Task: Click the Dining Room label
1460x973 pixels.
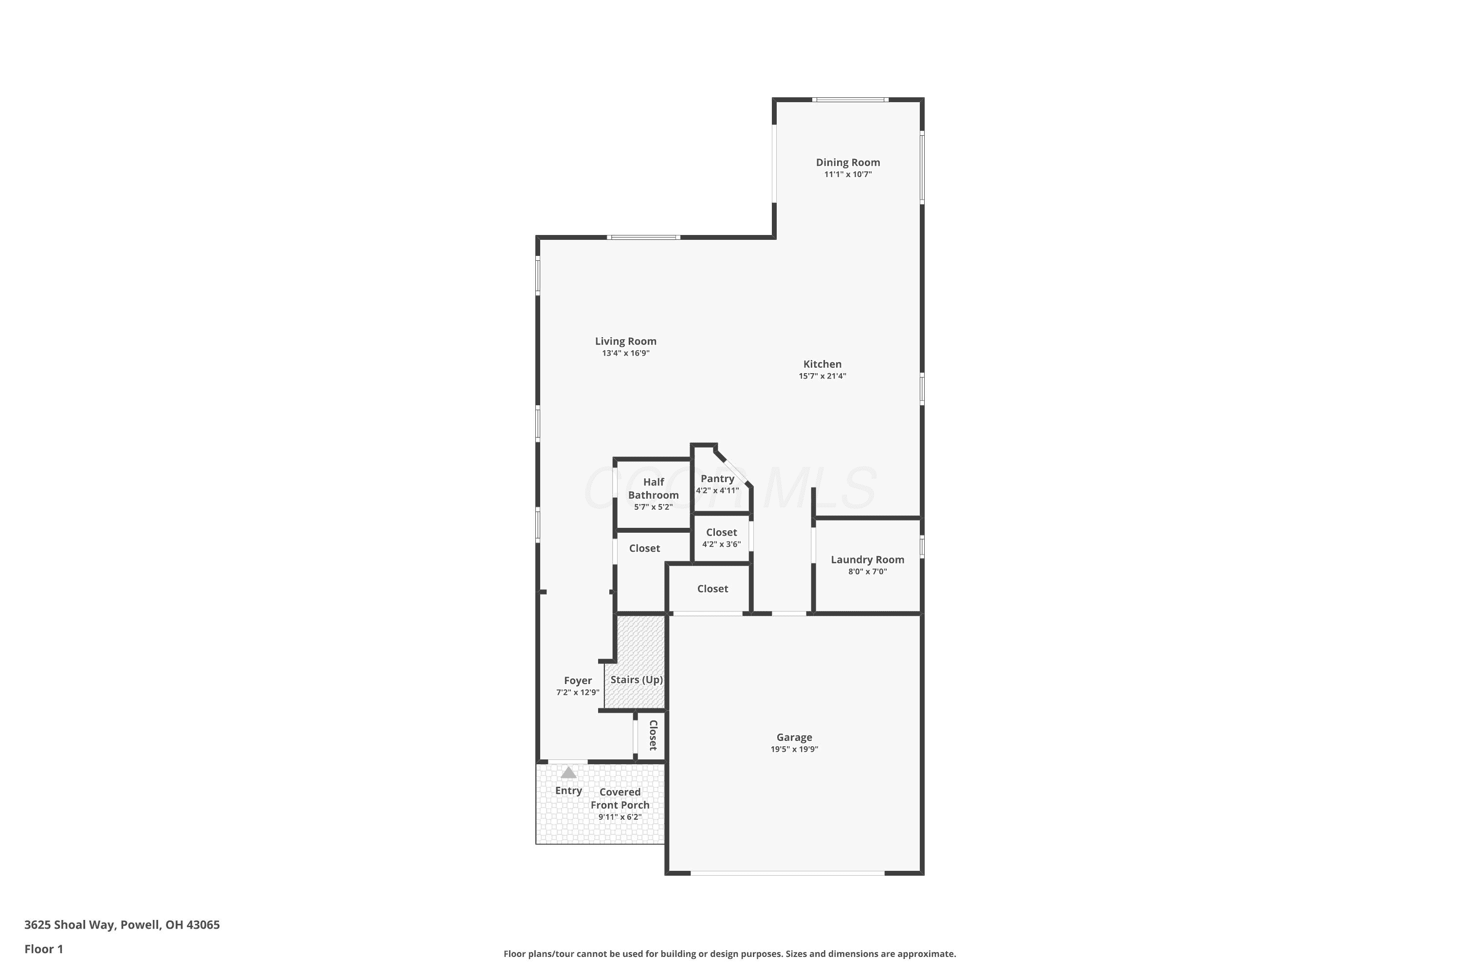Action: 848,162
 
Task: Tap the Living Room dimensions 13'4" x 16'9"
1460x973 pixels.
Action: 626,353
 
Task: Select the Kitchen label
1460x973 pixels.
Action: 822,364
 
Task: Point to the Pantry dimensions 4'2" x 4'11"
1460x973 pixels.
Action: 717,490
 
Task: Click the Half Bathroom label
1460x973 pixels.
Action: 654,488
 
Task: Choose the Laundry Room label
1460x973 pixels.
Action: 868,560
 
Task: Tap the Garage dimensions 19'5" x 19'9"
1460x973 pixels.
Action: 795,749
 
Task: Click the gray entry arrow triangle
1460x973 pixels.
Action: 568,773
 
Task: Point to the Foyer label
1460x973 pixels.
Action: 578,681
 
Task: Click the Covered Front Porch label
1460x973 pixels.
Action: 620,799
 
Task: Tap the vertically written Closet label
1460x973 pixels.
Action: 653,735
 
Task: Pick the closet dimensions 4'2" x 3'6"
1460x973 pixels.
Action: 721,544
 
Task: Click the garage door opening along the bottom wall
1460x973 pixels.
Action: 788,873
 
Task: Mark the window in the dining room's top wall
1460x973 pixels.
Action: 850,99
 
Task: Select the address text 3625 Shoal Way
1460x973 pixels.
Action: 69,925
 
